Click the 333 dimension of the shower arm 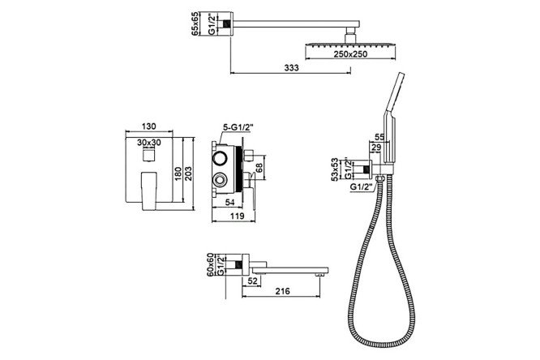tap(291, 68)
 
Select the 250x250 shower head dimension tap(350, 54)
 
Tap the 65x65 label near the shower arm tap(195, 24)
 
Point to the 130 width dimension tap(148, 126)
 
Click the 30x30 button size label tap(149, 142)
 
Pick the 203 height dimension tap(188, 174)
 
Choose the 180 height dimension tap(178, 174)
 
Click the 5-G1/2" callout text tap(238, 127)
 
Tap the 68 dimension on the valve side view tap(259, 168)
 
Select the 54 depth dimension tap(229, 203)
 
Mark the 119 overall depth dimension tap(237, 216)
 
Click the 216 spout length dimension tap(282, 291)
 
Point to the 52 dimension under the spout tap(252, 281)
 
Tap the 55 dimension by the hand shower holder tap(379, 137)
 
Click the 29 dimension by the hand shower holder tap(376, 148)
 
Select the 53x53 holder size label tap(335, 169)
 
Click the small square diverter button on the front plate tap(148, 155)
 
